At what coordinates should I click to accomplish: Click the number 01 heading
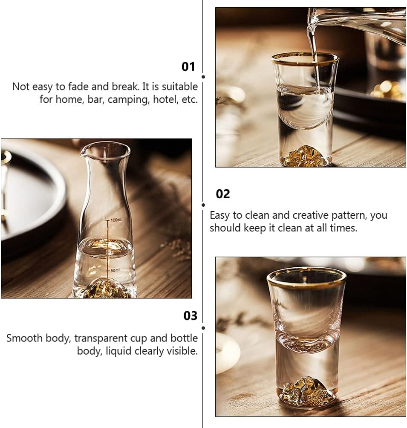tap(188, 67)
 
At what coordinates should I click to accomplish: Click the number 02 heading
tap(223, 194)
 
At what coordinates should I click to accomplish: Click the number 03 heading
tap(190, 315)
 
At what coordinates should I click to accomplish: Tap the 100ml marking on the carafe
tap(116, 220)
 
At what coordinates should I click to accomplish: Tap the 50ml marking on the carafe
tap(115, 270)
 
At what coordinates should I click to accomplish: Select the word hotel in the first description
tap(166, 99)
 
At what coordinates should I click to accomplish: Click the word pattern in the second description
tap(349, 216)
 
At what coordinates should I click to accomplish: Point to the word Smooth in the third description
tap(24, 338)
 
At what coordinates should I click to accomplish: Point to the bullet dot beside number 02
tap(203, 205)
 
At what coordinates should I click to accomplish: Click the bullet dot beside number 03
tap(203, 328)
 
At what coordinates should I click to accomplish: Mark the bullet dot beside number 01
tap(203, 77)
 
